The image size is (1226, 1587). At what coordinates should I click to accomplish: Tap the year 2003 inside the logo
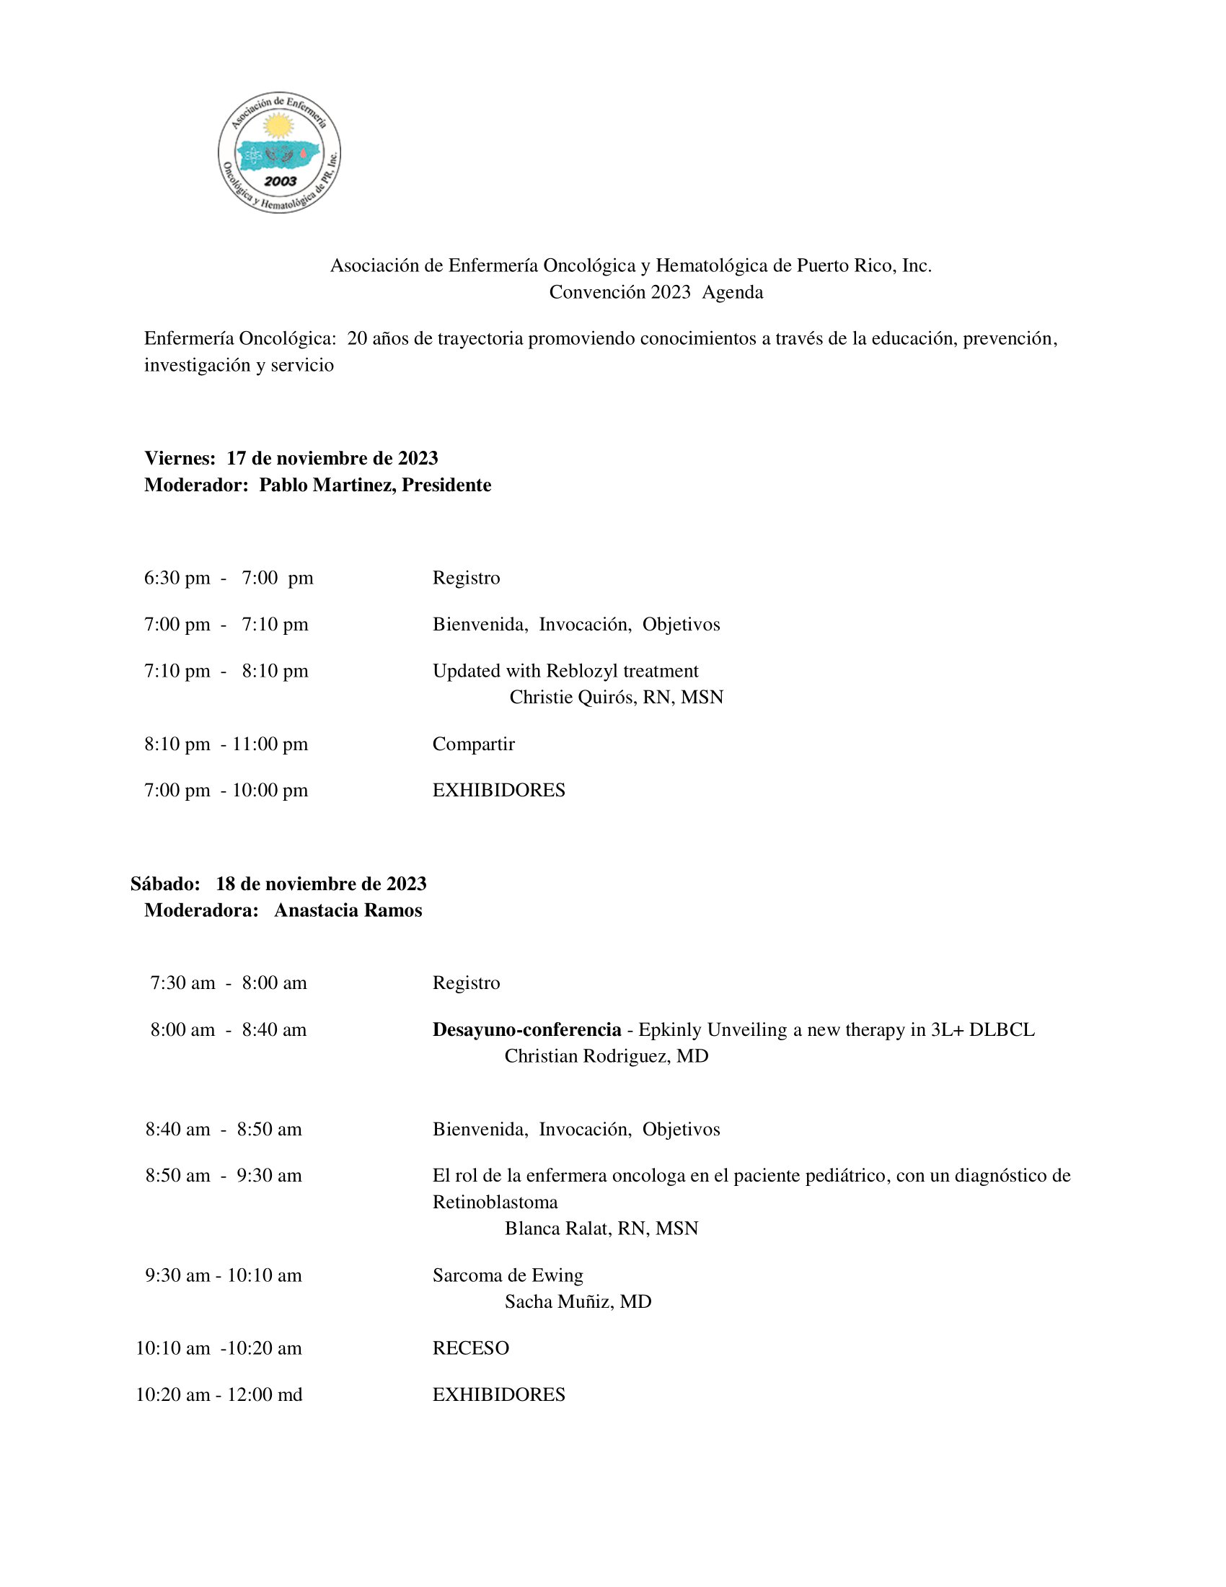point(281,181)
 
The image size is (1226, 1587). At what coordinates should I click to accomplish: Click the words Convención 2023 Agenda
point(655,292)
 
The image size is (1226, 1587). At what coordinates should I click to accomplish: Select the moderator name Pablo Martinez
point(327,485)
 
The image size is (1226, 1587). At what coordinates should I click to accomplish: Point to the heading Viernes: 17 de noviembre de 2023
point(291,458)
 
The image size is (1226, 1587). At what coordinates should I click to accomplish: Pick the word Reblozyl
point(582,671)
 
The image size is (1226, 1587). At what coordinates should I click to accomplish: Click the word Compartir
point(473,744)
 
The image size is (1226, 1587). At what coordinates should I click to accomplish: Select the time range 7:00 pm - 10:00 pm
point(226,790)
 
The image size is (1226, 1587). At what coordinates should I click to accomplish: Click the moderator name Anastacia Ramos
point(348,910)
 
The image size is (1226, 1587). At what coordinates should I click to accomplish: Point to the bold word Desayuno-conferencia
point(526,1029)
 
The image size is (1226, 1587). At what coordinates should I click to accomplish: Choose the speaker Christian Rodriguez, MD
point(606,1056)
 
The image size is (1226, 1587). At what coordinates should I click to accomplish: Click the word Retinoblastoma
point(495,1202)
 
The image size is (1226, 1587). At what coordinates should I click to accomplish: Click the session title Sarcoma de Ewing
point(508,1275)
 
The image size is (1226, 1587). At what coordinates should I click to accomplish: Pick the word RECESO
point(471,1348)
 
